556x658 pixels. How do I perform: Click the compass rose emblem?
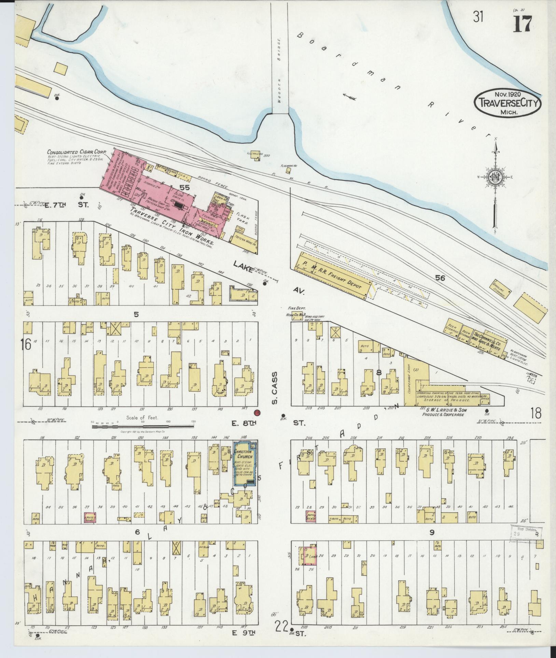[495, 177]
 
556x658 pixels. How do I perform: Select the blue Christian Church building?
[245, 463]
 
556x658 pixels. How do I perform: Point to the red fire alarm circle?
[257, 413]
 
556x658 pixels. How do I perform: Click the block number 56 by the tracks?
[440, 278]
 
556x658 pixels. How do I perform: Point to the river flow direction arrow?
[350, 97]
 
